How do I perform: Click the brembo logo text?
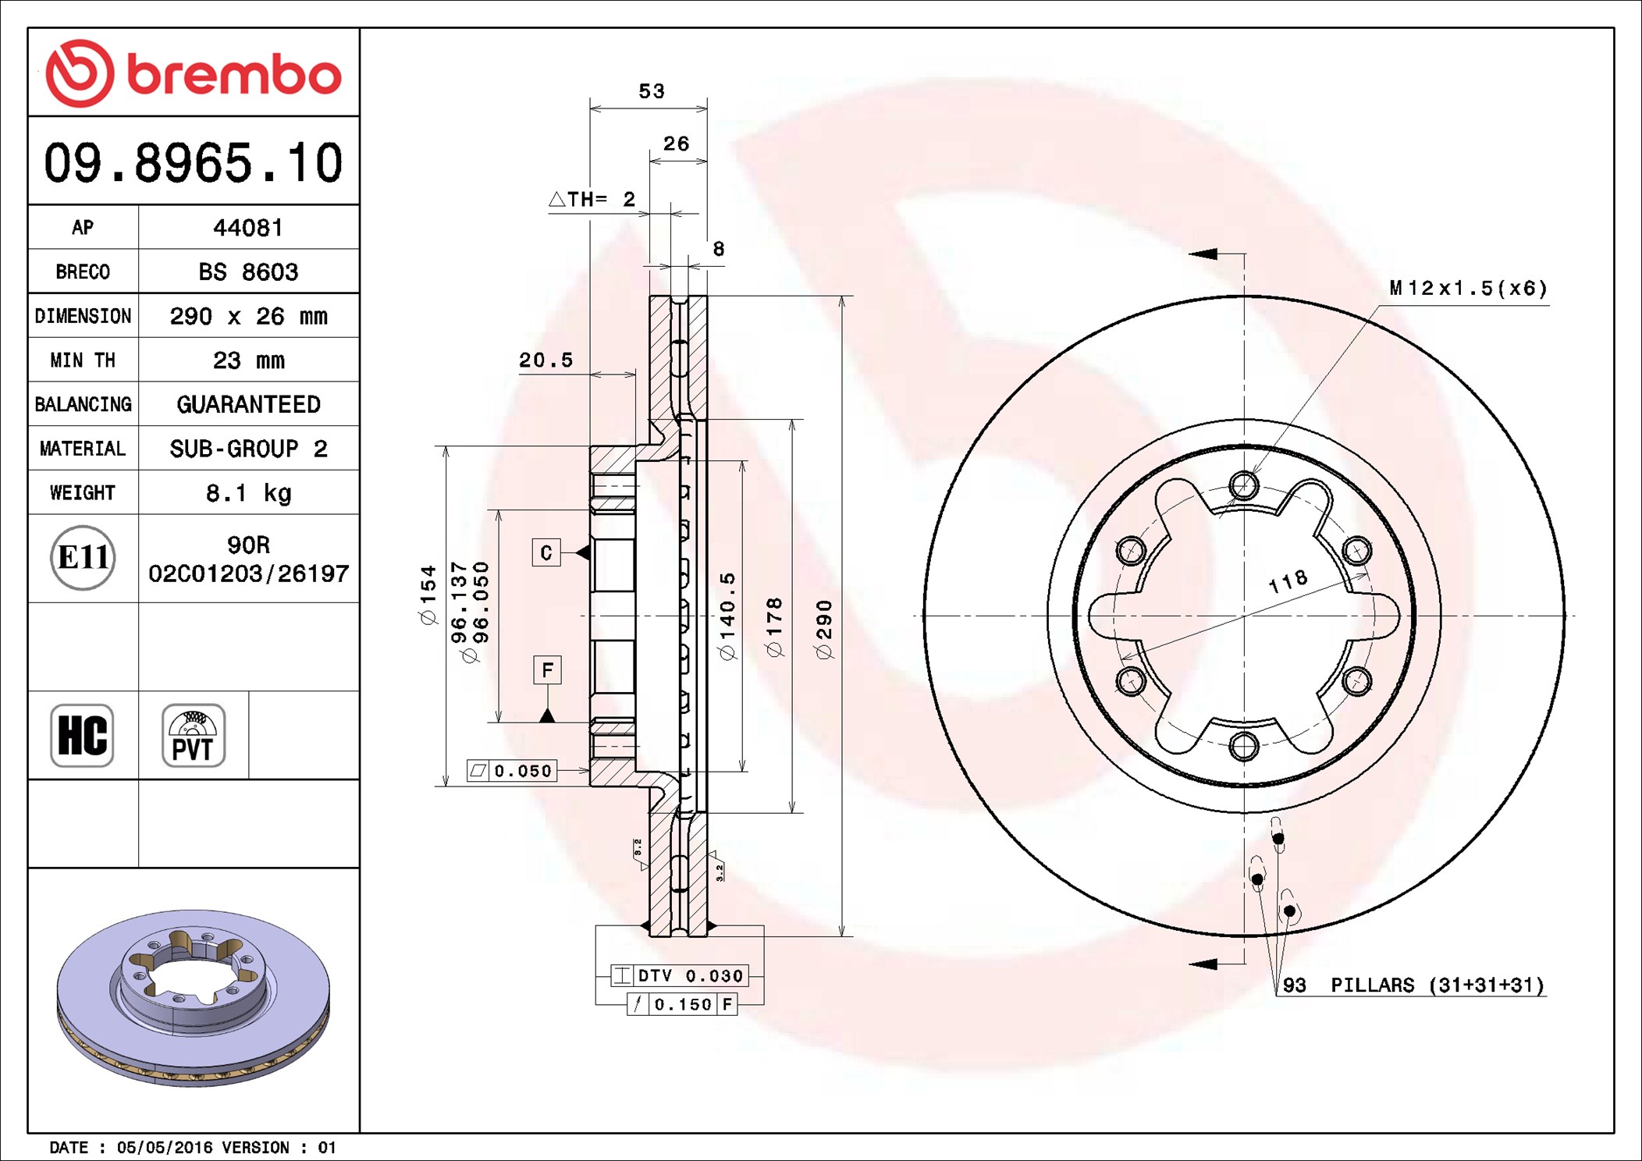[233, 75]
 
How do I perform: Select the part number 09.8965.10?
[193, 163]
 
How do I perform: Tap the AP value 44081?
[248, 228]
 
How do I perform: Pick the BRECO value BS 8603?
[248, 272]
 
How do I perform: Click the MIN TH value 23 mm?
[248, 360]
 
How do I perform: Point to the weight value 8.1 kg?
[248, 493]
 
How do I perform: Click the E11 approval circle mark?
[83, 558]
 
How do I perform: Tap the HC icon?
[82, 735]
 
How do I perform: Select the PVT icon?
[194, 735]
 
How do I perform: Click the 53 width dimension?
[652, 91]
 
